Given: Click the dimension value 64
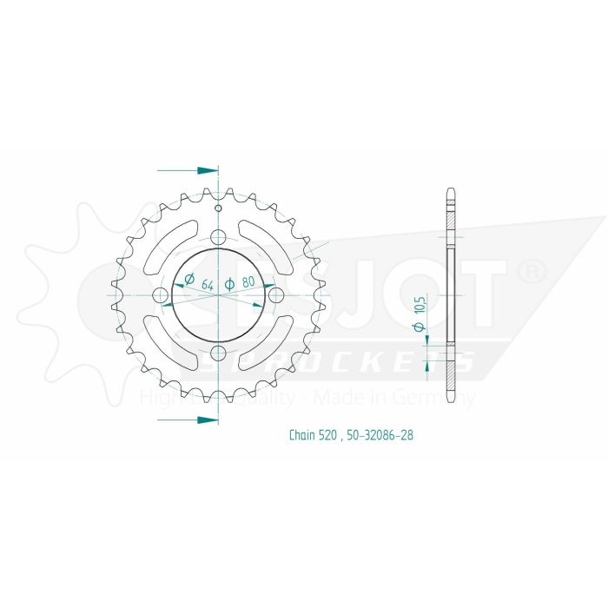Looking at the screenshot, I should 207,282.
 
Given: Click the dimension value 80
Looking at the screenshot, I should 248,282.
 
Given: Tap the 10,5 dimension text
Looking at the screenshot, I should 420,304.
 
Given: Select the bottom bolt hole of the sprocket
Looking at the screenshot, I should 218,354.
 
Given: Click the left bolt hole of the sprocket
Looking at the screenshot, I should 160,296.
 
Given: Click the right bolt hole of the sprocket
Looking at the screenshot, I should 276,296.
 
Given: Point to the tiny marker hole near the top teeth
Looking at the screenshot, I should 218,207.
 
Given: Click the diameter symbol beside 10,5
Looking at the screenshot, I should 420,327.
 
